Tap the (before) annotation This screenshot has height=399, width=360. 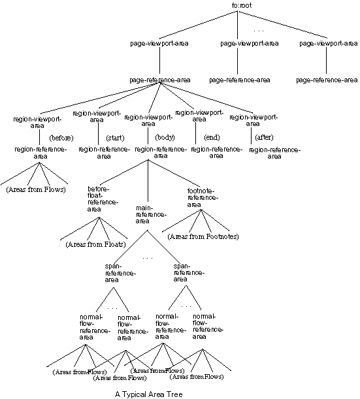coord(61,138)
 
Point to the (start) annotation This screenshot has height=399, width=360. coord(116,138)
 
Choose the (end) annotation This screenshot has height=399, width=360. coord(212,138)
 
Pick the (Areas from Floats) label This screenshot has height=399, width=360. coord(95,244)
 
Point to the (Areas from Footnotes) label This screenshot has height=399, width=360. coord(204,236)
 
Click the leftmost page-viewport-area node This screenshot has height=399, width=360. coord(160,44)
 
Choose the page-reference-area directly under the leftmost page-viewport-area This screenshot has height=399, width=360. coord(160,80)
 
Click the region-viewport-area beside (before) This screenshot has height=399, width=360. coord(37,122)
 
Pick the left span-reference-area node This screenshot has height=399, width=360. coord(120,272)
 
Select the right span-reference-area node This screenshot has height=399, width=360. coord(189,272)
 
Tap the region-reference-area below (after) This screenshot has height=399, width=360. coord(274,153)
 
